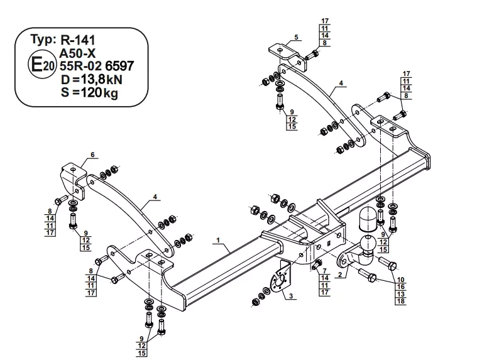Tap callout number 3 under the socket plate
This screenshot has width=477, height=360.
click(x=291, y=296)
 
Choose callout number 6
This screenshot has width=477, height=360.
click(x=92, y=154)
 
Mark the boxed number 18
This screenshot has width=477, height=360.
click(x=400, y=301)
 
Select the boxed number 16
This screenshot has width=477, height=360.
click(x=400, y=286)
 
